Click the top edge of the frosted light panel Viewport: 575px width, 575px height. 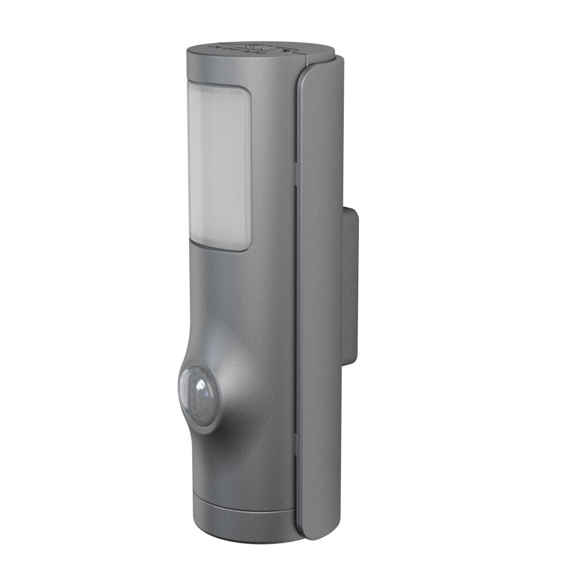tap(218, 87)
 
